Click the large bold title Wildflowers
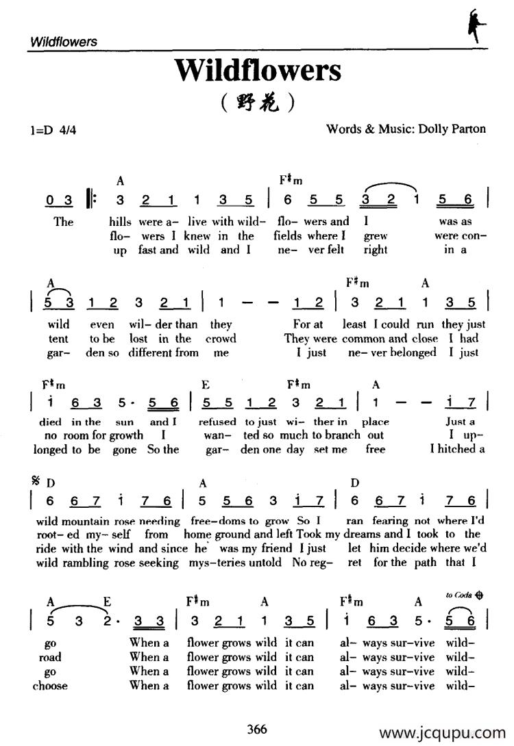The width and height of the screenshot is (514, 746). [257, 70]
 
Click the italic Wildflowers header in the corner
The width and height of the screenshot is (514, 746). [64, 42]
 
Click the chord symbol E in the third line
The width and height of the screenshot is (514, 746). [205, 385]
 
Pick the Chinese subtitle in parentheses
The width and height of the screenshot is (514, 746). [258, 103]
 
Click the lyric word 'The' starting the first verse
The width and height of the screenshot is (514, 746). [63, 222]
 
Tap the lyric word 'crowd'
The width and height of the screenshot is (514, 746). [221, 339]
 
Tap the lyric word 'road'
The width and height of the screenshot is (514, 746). [50, 657]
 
